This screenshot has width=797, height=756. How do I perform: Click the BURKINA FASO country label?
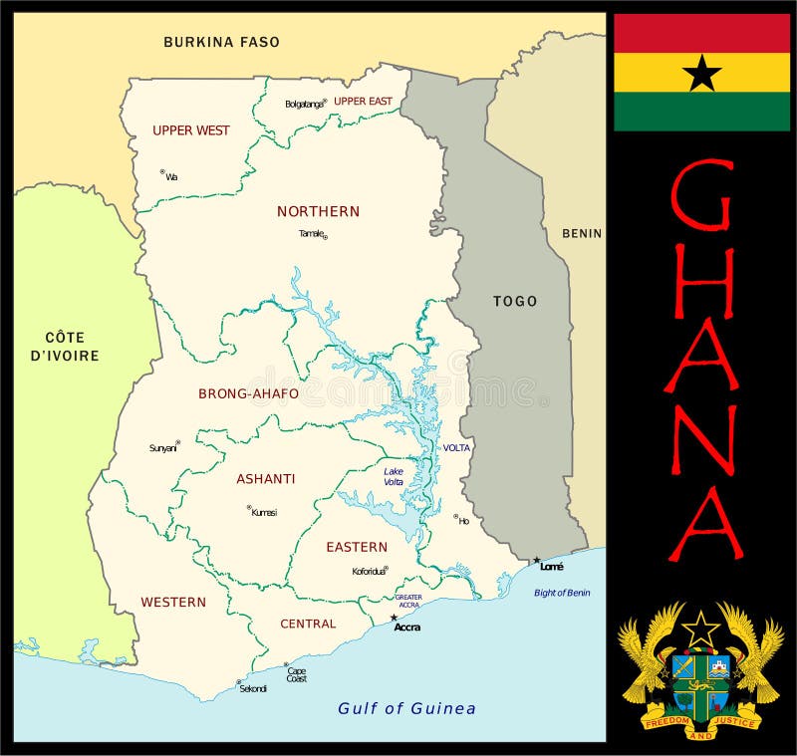(221, 42)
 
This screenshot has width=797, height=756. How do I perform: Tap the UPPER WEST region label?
(190, 130)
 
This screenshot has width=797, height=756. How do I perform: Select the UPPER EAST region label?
(363, 102)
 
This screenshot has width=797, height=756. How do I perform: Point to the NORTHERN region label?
(318, 211)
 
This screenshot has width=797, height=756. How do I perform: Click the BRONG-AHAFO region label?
(248, 393)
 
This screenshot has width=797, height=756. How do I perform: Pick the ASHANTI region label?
(265, 479)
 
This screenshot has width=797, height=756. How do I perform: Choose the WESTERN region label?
(173, 602)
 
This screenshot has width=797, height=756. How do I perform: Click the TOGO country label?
(515, 301)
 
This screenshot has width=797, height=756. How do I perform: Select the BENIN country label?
(582, 234)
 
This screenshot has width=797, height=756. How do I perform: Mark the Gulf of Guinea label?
(406, 708)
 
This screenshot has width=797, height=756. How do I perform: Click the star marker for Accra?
(394, 618)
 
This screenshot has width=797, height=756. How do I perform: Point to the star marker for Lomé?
(537, 561)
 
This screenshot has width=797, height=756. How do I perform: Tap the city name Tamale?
(311, 234)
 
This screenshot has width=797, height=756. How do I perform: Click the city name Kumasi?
(265, 513)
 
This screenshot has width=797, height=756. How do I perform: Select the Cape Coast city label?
(296, 674)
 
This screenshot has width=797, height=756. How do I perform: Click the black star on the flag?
(701, 73)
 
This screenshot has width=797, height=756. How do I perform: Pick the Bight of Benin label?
(561, 593)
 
